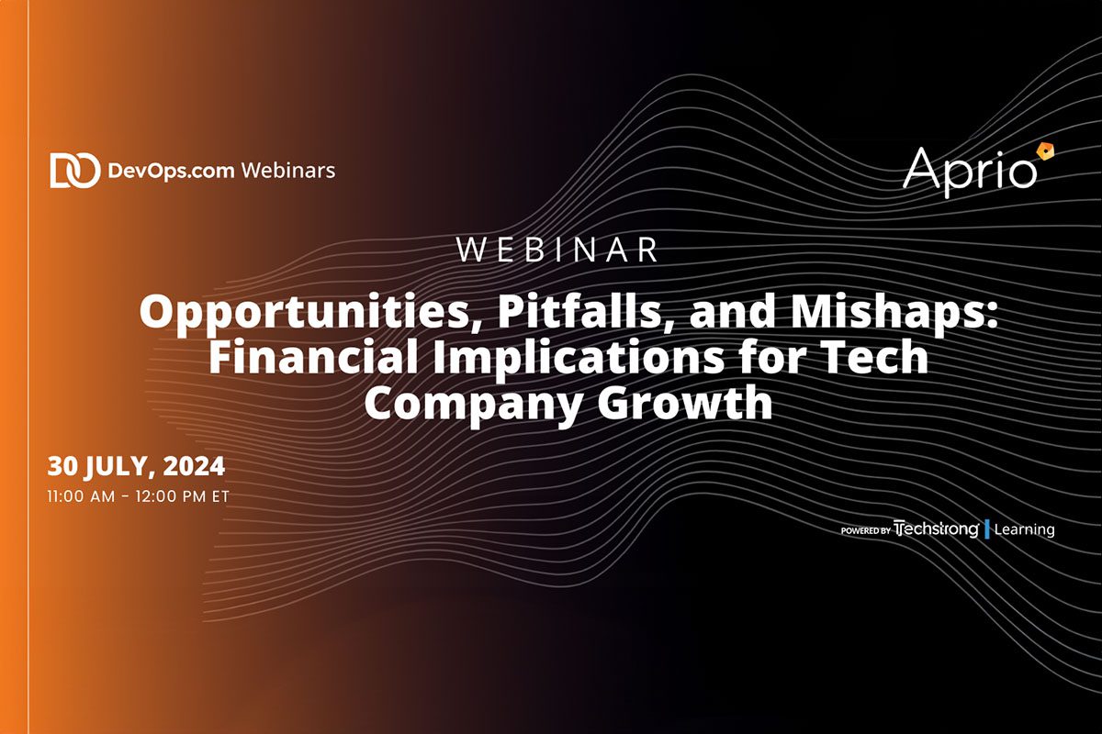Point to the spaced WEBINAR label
coord(557,250)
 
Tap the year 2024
coord(194,467)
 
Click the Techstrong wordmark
coord(936,528)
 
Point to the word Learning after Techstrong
coord(1025,529)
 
